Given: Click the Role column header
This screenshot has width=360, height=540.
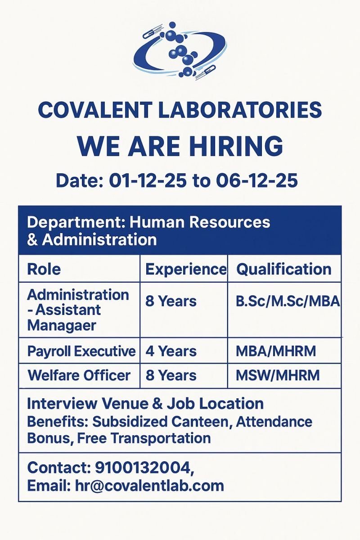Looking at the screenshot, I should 44,270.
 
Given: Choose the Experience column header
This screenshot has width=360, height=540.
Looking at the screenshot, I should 185,270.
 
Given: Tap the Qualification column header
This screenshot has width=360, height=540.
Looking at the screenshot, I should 283,270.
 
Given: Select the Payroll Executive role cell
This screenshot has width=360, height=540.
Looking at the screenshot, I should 81,351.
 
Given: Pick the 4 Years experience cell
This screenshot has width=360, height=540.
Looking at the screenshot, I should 171,351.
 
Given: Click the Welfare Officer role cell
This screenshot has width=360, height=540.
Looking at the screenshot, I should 79,375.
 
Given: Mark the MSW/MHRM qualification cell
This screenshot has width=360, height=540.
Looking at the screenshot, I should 277,375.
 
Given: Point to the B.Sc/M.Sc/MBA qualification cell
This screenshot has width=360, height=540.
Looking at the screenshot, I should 288,301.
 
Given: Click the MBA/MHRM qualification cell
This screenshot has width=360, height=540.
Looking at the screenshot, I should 275,351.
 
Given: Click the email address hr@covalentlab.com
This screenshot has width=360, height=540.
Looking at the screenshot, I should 149,486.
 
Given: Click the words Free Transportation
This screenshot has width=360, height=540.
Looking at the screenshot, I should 144,438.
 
